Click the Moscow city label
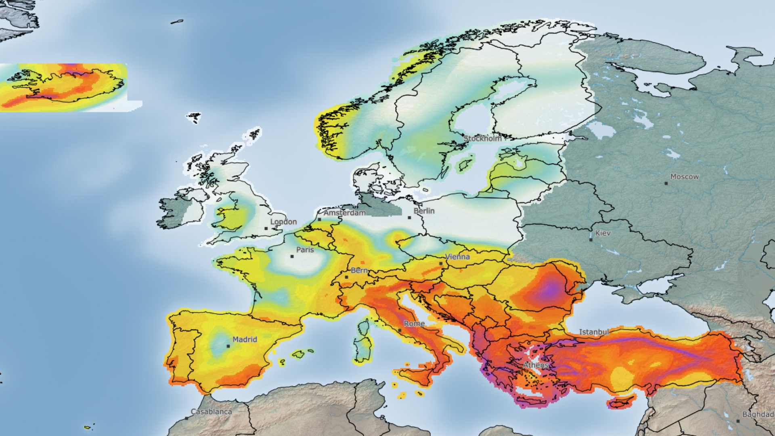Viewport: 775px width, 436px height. [x=684, y=177]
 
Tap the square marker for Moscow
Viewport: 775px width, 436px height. [x=666, y=183]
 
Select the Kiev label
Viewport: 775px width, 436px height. [x=603, y=233]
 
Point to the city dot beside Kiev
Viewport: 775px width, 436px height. [x=591, y=240]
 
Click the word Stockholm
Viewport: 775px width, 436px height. [x=482, y=138]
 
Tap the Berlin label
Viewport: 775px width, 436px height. [x=424, y=211]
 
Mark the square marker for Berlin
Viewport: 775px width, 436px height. [x=409, y=218]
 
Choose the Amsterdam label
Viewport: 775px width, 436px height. [x=344, y=213]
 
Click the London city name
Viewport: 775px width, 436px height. [x=283, y=222]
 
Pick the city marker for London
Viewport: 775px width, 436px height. [x=266, y=228]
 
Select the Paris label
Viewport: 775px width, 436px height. [x=305, y=250]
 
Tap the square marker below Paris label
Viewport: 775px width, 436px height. [x=292, y=256]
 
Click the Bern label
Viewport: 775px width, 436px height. [x=359, y=270]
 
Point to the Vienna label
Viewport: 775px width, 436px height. [x=457, y=257]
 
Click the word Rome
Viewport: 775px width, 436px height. [x=414, y=324]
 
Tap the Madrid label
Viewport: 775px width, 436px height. [x=245, y=340]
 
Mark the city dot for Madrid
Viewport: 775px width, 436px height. [x=228, y=346]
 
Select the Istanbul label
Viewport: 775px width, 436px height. [x=594, y=332]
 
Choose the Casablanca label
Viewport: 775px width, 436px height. [x=211, y=412]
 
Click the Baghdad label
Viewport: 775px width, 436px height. [x=758, y=415]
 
